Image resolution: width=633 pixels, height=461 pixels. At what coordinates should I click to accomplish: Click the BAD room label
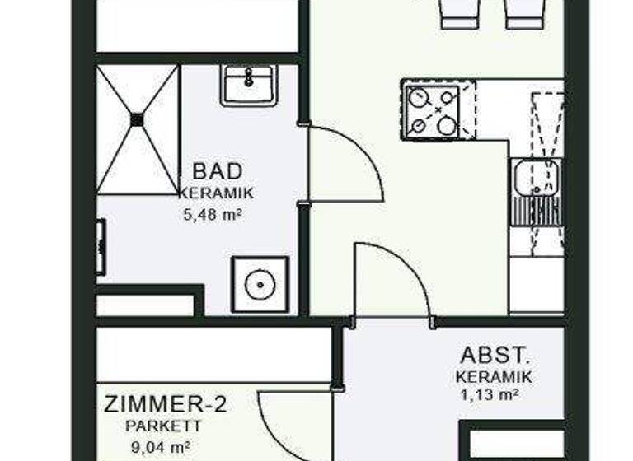[218, 171]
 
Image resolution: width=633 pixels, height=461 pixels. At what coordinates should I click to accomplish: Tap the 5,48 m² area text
[216, 217]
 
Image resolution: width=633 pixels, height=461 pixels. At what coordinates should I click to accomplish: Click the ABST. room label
[493, 356]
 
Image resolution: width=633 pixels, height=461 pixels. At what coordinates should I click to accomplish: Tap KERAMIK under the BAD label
[216, 194]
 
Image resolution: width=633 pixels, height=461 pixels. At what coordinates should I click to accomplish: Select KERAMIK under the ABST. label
[493, 377]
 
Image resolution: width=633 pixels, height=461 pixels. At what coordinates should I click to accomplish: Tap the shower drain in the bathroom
[137, 119]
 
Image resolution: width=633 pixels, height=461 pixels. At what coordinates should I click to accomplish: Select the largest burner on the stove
[448, 125]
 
